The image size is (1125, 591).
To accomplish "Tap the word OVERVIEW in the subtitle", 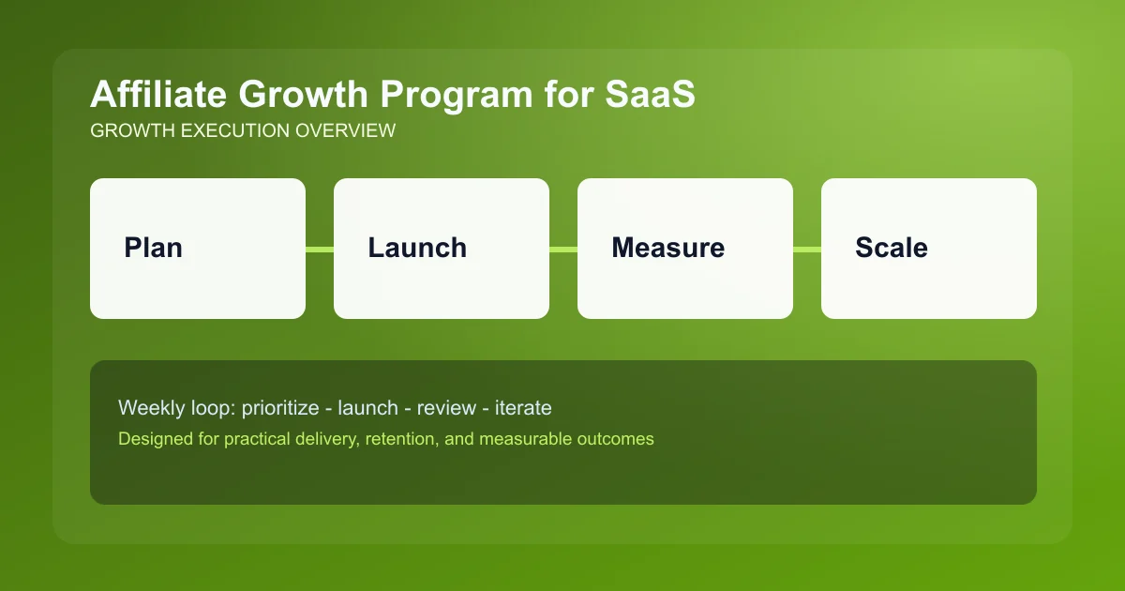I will tap(345, 131).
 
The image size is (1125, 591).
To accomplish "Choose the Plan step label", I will tap(153, 248).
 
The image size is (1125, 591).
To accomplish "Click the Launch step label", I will tap(417, 248).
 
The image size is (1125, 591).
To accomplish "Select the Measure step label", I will tap(667, 248).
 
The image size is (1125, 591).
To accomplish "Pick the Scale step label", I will tap(892, 248).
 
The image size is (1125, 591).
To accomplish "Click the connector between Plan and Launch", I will tap(320, 249).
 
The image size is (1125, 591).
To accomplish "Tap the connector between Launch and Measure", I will tap(563, 249).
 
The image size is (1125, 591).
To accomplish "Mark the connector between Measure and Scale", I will tap(807, 249).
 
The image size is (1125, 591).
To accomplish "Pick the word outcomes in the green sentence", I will tap(615, 438).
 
